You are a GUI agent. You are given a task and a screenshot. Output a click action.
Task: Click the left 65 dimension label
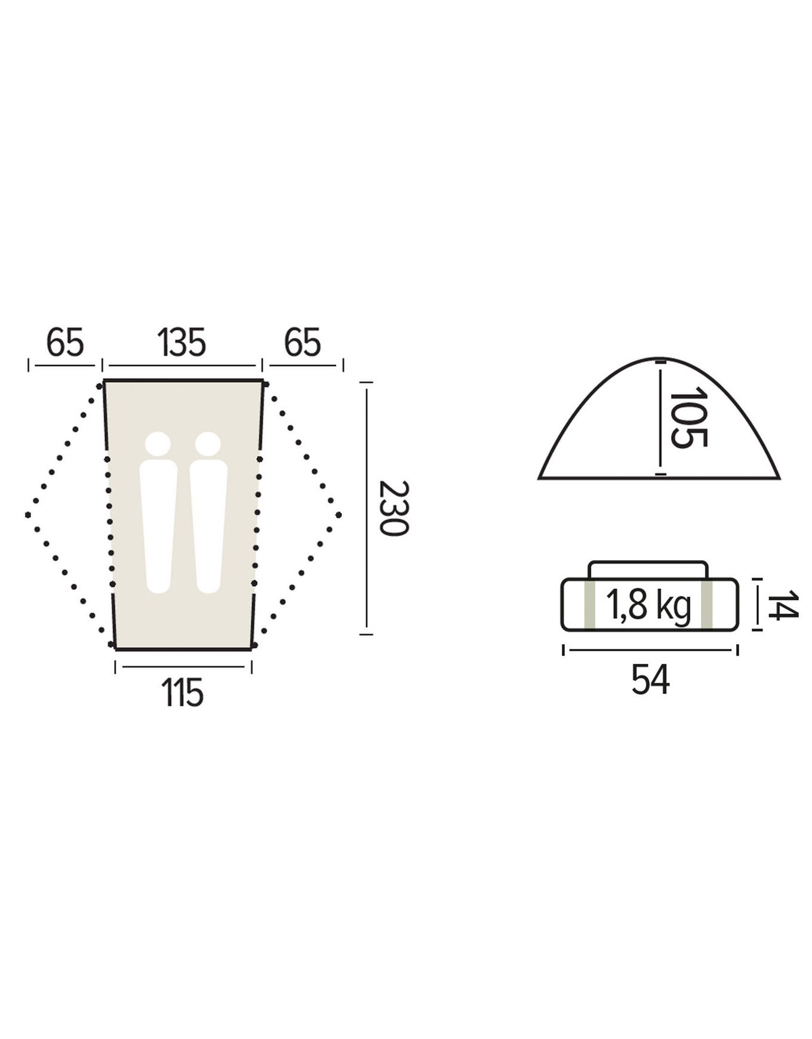pos(65,343)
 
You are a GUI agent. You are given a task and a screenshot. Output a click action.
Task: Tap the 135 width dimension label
pos(182,343)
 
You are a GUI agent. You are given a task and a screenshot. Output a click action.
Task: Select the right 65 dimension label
pos(302,343)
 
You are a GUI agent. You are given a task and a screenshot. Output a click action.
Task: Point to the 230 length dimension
pos(393,508)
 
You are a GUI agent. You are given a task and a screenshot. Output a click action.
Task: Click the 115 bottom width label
pos(183,693)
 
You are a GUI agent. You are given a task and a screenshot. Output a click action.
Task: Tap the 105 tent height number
pos(688,418)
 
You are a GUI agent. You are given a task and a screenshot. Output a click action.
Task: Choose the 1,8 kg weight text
pos(648,606)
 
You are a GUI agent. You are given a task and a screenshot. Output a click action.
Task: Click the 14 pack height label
pos(782,605)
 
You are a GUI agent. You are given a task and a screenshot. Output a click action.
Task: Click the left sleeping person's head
pos(158,444)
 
